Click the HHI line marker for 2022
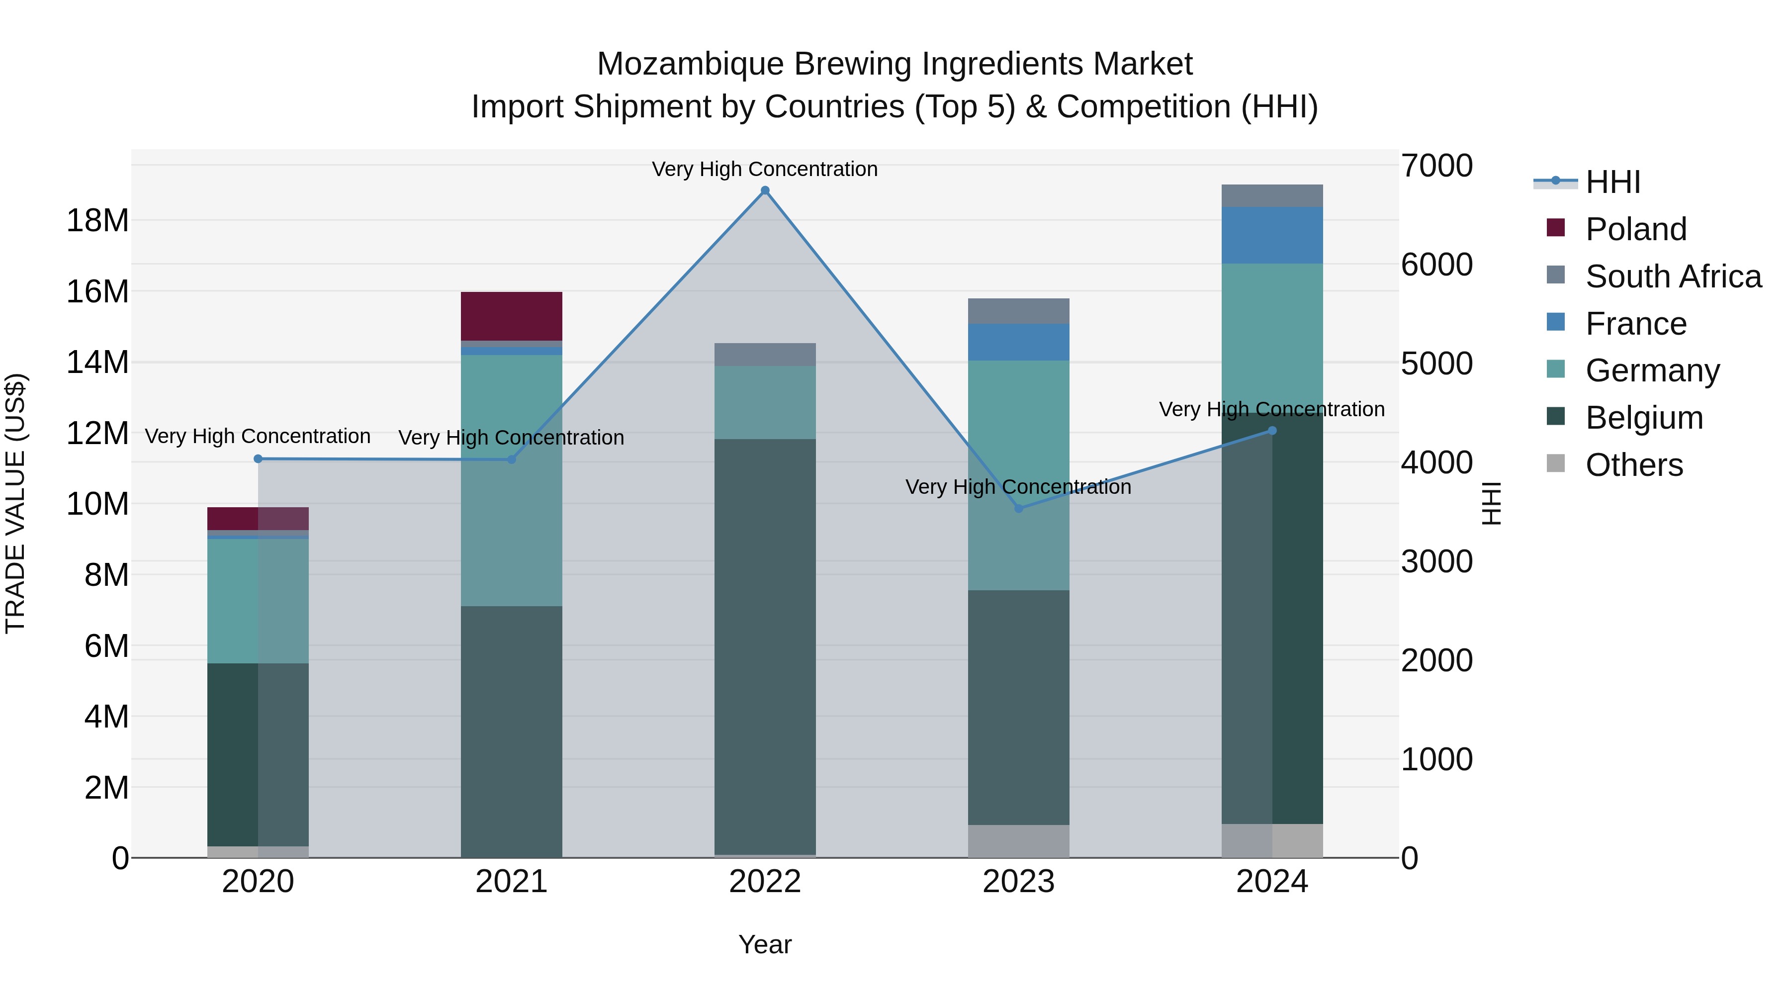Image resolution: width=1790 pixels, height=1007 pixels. pos(765,190)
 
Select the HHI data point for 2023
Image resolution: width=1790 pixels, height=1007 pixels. pos(1019,509)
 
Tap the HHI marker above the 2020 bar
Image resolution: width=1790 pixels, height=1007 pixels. pos(258,458)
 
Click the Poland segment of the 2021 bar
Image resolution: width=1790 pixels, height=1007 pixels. pos(512,316)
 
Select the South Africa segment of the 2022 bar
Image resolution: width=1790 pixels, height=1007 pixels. pos(765,355)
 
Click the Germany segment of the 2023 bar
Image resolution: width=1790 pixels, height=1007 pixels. pos(1019,475)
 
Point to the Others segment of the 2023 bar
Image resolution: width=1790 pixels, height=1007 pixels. pos(1019,841)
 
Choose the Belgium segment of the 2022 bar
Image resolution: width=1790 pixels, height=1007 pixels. pos(765,646)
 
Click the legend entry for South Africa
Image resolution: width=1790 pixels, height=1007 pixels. pos(1673,276)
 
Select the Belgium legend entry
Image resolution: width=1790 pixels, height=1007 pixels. pos(1644,418)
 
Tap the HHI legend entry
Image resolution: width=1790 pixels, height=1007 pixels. pos(1612,182)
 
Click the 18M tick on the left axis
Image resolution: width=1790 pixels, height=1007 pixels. pos(97,221)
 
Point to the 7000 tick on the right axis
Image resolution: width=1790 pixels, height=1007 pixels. pos(1436,166)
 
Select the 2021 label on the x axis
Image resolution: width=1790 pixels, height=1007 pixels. pos(512,882)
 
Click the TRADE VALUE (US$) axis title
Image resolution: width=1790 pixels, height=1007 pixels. pos(15,503)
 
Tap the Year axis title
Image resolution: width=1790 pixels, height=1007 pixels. pos(765,944)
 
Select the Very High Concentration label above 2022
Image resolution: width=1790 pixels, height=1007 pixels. pos(765,169)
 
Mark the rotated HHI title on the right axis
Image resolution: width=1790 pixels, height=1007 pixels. pos(1491,503)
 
